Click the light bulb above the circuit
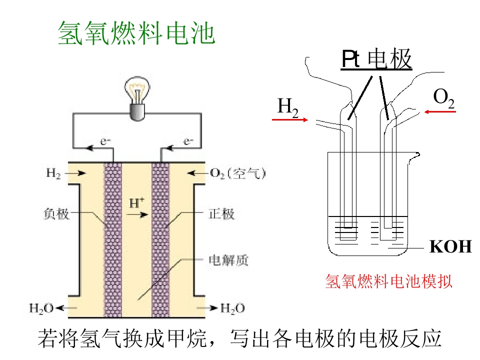tap(137, 98)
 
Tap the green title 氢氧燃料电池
tap(136, 33)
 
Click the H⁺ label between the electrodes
tap(137, 202)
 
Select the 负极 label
tap(56, 213)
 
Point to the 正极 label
tap(221, 213)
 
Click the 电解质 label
tap(228, 260)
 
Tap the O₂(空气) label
tap(238, 173)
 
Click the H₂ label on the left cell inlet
tap(53, 173)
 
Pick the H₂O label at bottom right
tap(232, 308)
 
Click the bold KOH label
tap(450, 246)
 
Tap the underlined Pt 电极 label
tap(376, 59)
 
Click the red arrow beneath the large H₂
tap(290, 119)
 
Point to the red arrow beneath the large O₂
tap(440, 111)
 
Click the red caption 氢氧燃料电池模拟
tap(389, 281)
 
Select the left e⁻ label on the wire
tap(105, 141)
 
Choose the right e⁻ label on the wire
tap(188, 141)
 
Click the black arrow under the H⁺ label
tap(137, 214)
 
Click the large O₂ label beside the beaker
tap(444, 98)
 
